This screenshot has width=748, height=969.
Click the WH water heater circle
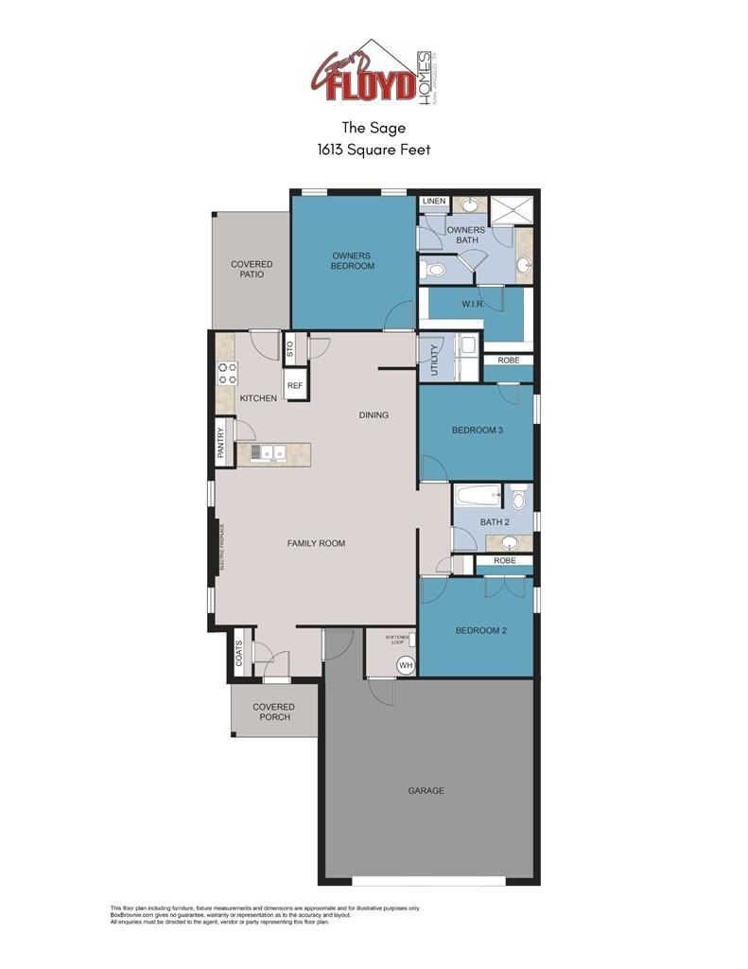[406, 665]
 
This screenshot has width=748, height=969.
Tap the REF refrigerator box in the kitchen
[294, 386]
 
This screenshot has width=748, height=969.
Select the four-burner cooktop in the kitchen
[227, 373]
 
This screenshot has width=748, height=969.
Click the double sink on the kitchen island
[269, 452]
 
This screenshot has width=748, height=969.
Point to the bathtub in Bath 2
[478, 495]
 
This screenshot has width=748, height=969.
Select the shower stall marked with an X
[513, 210]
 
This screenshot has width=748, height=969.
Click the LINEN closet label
[434, 202]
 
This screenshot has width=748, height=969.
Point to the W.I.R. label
[473, 305]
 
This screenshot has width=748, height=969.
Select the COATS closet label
[238, 653]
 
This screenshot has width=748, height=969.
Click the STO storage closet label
[290, 348]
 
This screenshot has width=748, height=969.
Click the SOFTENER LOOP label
[395, 640]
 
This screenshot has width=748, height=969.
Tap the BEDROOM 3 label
[477, 431]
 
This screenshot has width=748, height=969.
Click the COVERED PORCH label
[273, 712]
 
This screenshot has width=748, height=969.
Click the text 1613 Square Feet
[374, 149]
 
